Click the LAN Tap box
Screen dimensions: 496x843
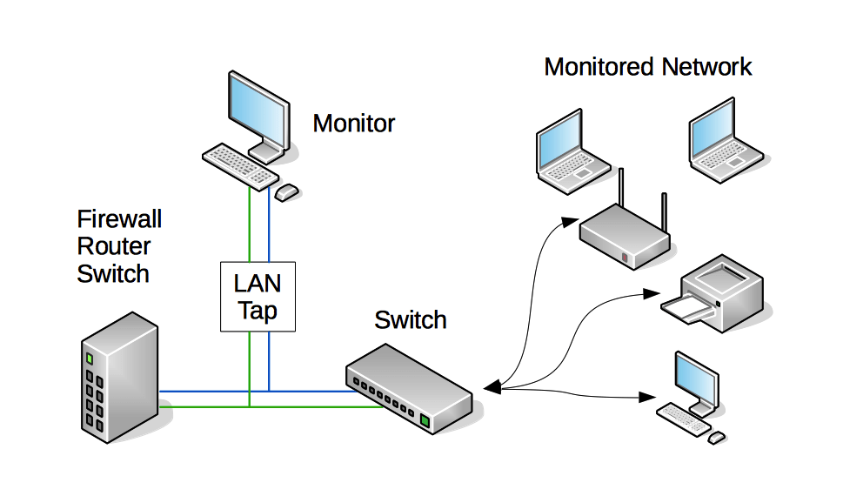(x=258, y=296)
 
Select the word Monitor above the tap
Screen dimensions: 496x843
(x=353, y=124)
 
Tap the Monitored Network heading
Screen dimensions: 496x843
(x=647, y=67)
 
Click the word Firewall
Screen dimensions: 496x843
(x=119, y=218)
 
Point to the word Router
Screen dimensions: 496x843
(x=114, y=246)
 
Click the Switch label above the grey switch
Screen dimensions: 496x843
(x=410, y=320)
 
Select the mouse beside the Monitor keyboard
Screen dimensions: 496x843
(x=287, y=191)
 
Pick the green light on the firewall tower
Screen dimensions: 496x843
(x=89, y=358)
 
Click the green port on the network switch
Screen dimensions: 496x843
(x=425, y=421)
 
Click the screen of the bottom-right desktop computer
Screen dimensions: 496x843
(x=696, y=376)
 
